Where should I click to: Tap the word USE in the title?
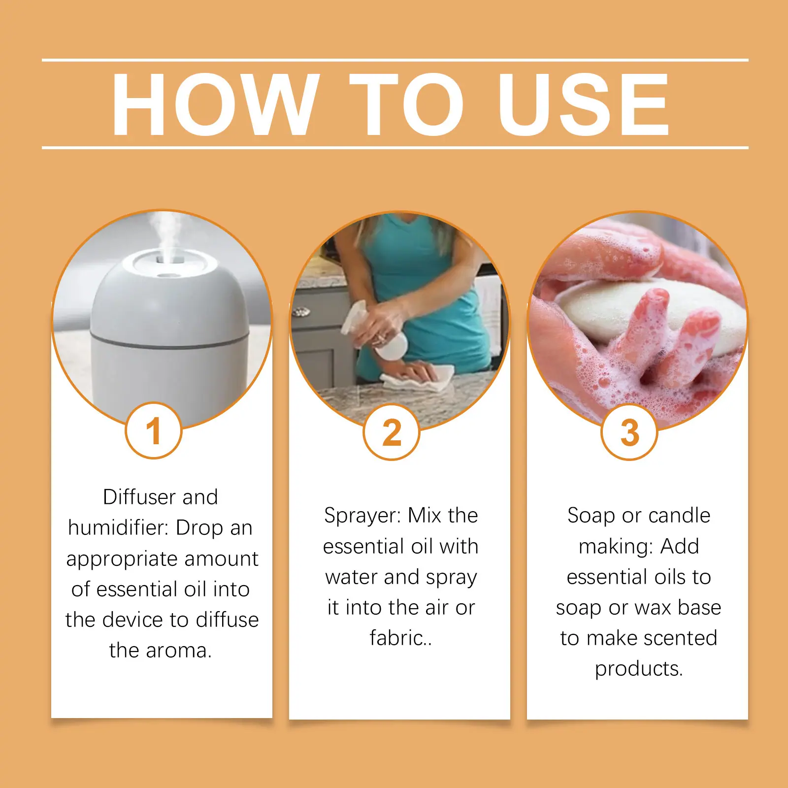coord(584,104)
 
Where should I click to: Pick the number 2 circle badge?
coord(392,432)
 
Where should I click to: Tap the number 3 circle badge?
coord(629,432)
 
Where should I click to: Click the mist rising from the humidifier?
coord(165,231)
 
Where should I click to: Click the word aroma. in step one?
coord(180,651)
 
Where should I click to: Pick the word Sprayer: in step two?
coord(363,516)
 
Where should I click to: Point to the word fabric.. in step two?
coord(401,638)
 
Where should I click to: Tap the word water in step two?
coord(351,577)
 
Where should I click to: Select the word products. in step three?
coord(639,669)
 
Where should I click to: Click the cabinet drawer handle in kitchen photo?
coord(301,312)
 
